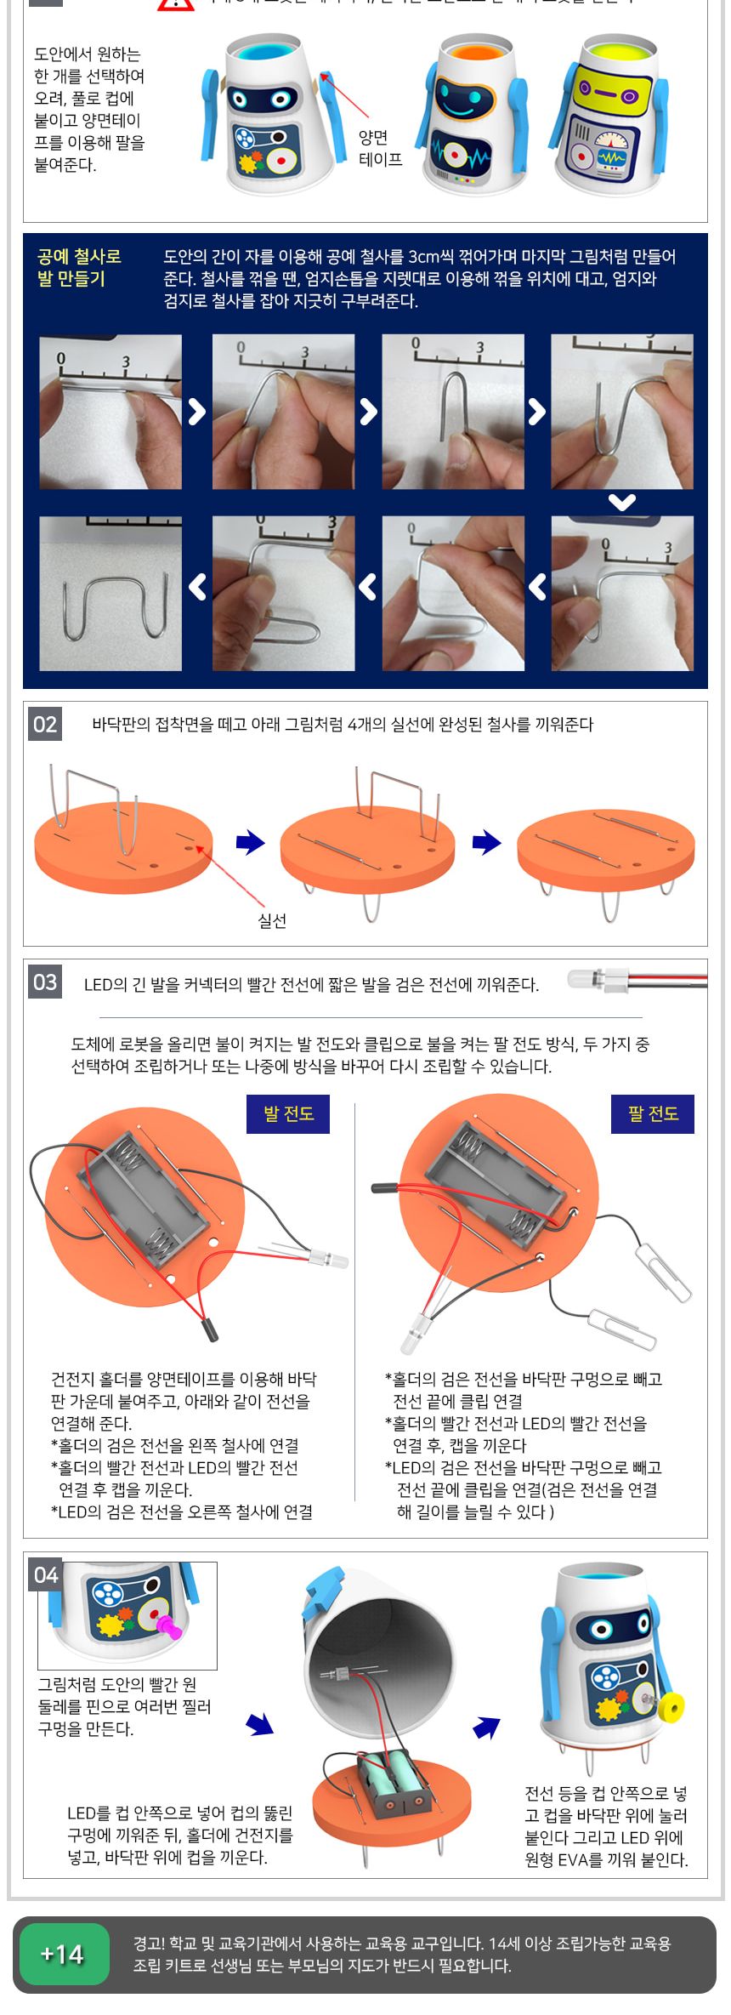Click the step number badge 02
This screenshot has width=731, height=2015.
point(45,725)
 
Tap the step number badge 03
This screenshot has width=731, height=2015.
point(45,982)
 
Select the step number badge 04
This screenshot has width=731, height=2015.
point(45,1575)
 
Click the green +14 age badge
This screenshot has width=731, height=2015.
point(63,1955)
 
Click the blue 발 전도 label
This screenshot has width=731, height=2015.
point(288,1113)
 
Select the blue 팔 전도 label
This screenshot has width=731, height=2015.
point(653,1113)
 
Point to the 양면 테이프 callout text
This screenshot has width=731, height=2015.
point(380,148)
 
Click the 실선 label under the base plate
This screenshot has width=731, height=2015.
point(272,920)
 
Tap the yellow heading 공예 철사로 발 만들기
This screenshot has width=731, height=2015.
point(79,268)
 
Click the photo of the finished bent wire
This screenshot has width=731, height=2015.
point(110,594)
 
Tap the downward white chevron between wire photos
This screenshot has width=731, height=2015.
point(622,503)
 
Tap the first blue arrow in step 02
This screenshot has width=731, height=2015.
point(250,843)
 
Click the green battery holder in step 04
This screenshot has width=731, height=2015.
point(390,1787)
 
